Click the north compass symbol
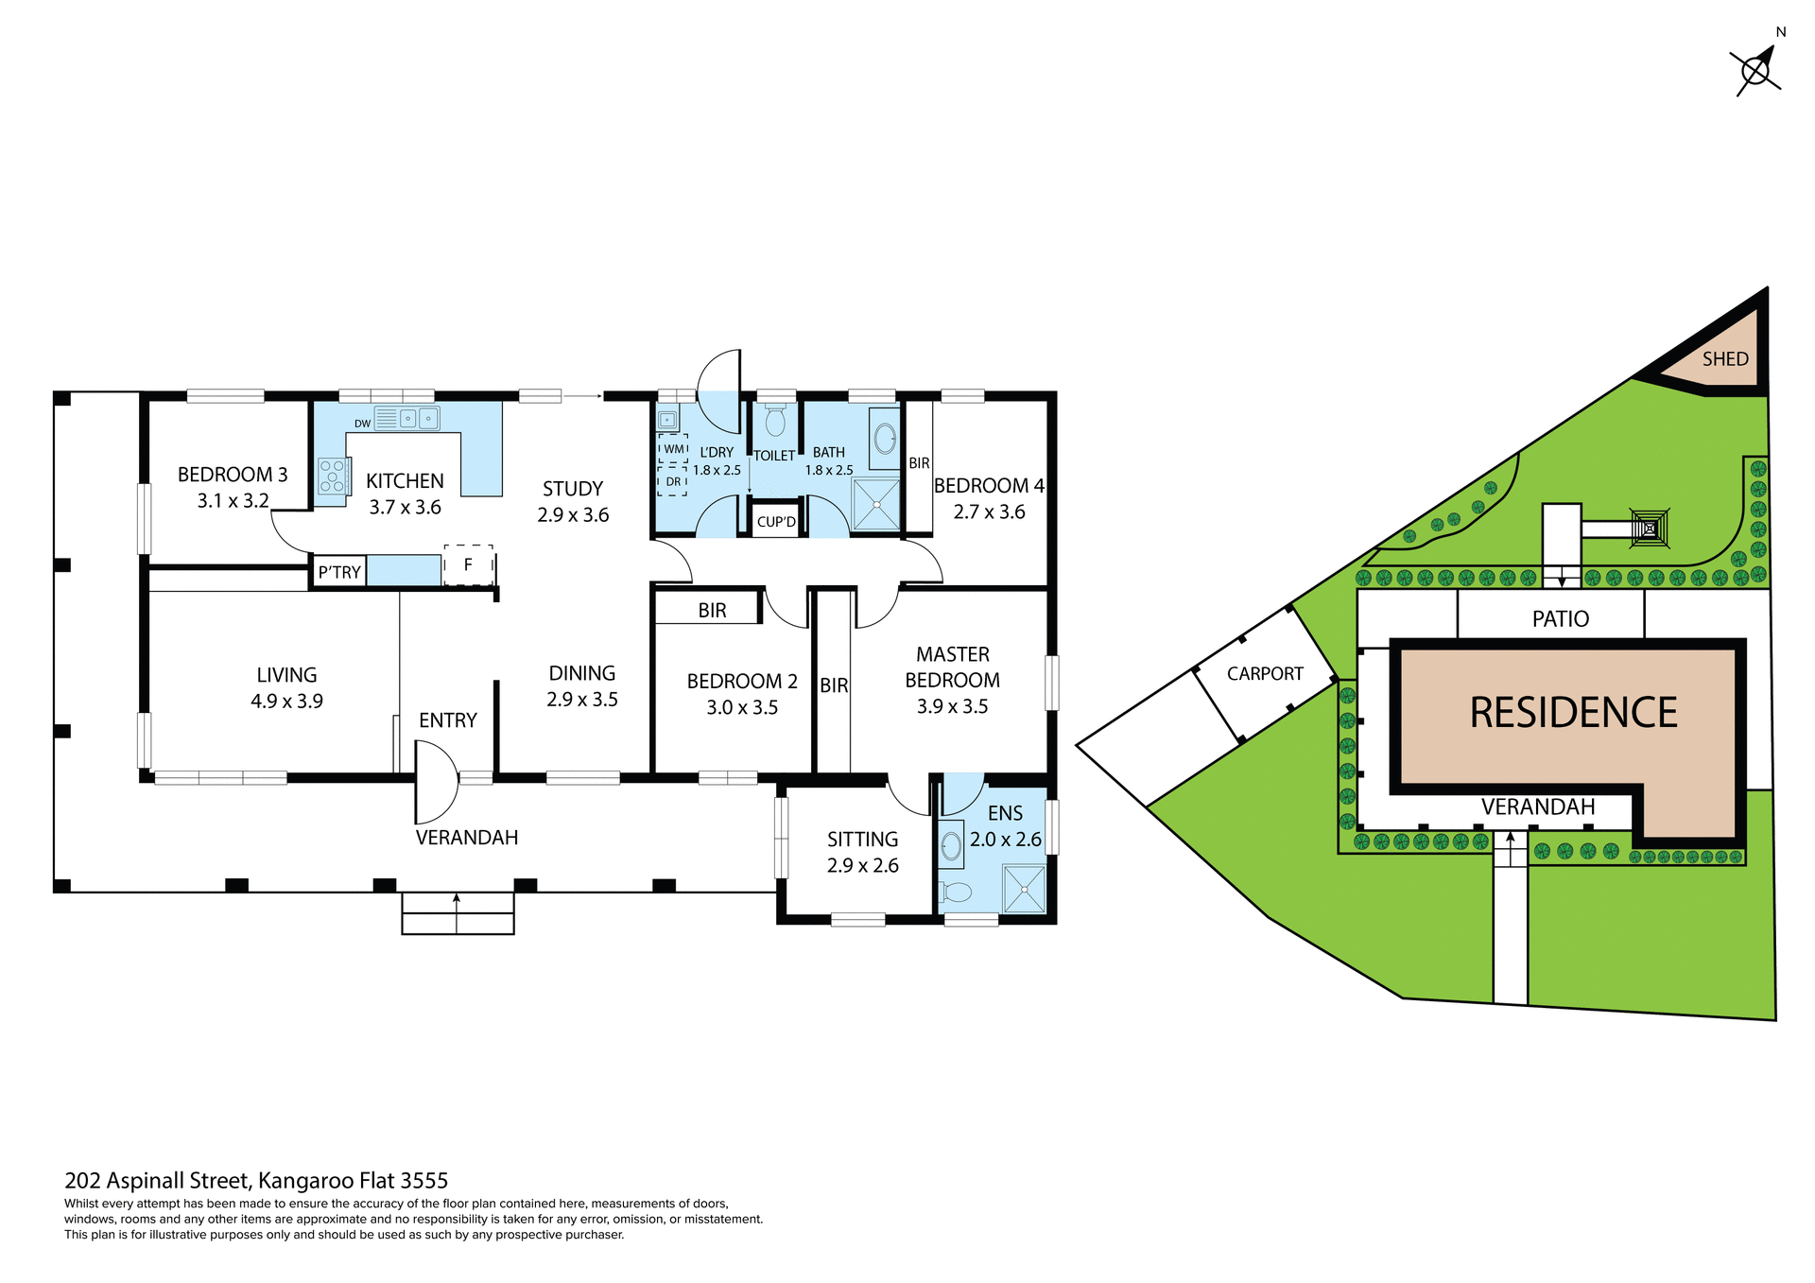click(1756, 71)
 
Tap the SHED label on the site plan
click(1725, 359)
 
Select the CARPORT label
click(1265, 674)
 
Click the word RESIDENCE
click(1573, 713)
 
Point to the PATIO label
click(1560, 619)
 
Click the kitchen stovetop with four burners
click(332, 476)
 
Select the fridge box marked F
click(469, 565)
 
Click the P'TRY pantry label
click(339, 573)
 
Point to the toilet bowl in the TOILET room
click(775, 421)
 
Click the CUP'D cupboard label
click(776, 522)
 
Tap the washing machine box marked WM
click(673, 449)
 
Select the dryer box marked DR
click(673, 481)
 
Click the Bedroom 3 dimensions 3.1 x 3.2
click(233, 501)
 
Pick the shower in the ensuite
click(1024, 889)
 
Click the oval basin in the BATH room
click(885, 439)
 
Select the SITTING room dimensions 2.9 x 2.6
click(862, 866)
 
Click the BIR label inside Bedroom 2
click(712, 611)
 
